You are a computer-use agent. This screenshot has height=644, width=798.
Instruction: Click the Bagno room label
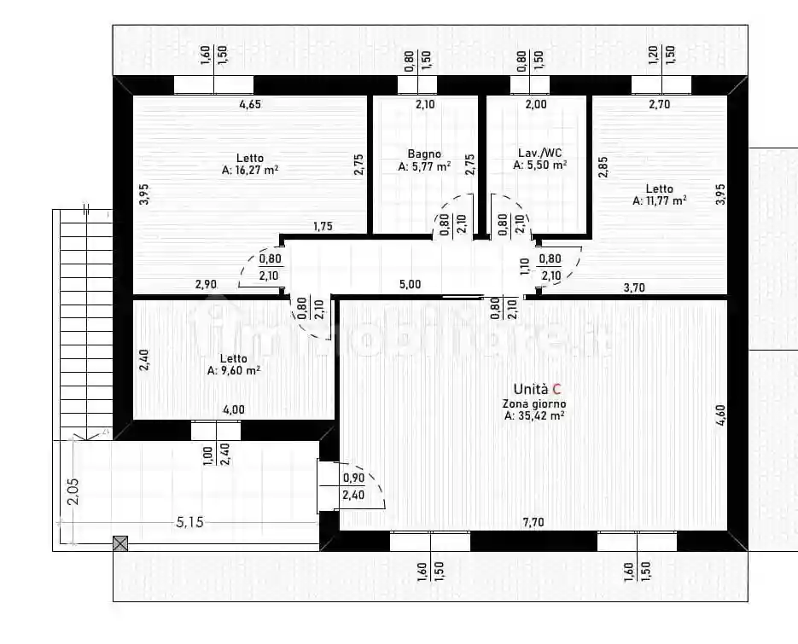(x=424, y=154)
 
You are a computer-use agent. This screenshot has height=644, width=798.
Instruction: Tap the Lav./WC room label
(x=540, y=153)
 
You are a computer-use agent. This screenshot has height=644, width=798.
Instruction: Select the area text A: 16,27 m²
(x=250, y=170)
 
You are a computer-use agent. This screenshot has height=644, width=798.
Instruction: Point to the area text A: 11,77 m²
(x=660, y=200)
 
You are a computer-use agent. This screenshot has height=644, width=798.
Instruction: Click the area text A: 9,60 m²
(x=234, y=370)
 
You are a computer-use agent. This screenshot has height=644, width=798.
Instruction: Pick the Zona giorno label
(x=534, y=404)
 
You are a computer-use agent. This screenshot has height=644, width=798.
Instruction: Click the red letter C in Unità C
(x=556, y=389)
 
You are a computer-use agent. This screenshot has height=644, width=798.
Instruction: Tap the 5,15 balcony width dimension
(x=189, y=522)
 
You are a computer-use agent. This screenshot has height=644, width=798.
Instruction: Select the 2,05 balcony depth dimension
(x=73, y=491)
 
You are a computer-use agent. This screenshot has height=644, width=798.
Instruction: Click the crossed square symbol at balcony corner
(x=120, y=544)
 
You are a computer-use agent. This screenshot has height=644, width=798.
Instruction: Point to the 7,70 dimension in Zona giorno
(x=533, y=522)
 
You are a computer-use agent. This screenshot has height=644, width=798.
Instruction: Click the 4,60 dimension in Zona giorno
(x=720, y=415)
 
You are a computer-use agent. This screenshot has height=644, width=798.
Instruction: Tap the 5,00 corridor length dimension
(x=411, y=284)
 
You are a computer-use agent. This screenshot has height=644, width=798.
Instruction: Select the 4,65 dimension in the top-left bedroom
(x=250, y=104)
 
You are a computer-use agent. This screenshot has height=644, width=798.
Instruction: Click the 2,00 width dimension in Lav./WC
(x=536, y=104)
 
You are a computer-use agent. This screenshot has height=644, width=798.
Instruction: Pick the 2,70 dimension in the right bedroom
(x=660, y=104)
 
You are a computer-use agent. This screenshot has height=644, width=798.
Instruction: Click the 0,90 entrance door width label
(x=353, y=478)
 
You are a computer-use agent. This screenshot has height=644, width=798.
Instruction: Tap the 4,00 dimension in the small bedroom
(x=234, y=409)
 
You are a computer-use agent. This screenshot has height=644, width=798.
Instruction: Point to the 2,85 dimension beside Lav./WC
(x=603, y=167)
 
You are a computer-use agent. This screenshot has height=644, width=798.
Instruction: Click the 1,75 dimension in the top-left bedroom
(x=323, y=226)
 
